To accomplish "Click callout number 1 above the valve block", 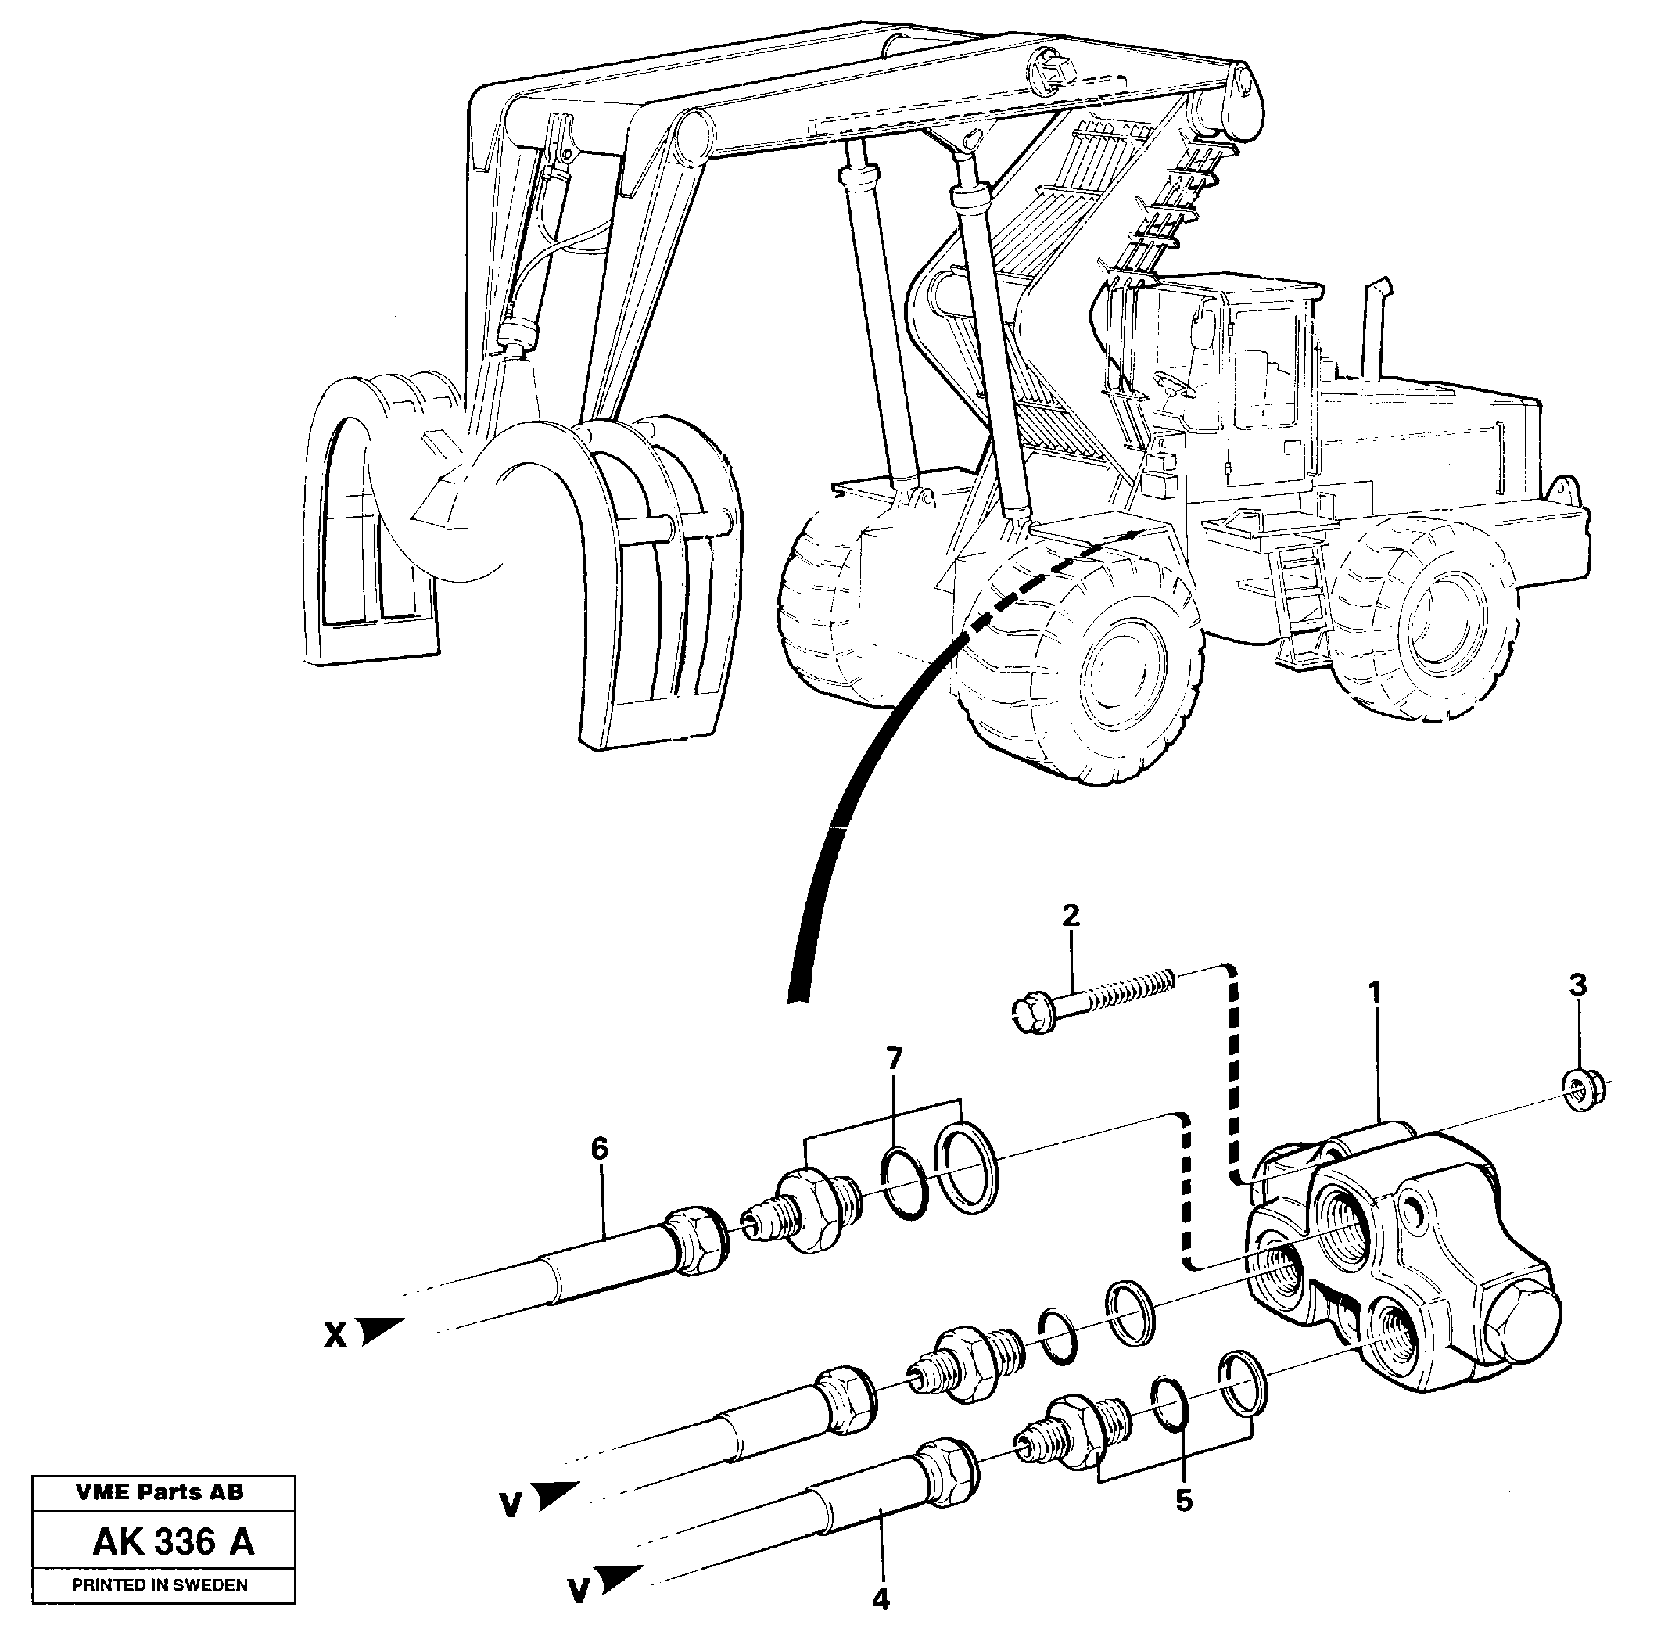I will pyautogui.click(x=1375, y=993).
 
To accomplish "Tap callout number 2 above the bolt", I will pyautogui.click(x=1071, y=916).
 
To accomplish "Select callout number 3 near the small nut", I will pyautogui.click(x=1577, y=985).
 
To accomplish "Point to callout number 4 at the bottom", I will pyautogui.click(x=880, y=1599).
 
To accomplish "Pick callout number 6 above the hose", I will pyautogui.click(x=599, y=1148).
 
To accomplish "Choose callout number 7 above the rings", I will pyautogui.click(x=893, y=1057).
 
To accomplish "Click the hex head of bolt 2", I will pyautogui.click(x=1030, y=1013).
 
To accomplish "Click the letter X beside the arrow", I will pyautogui.click(x=335, y=1337).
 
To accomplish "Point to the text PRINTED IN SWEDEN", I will pyautogui.click(x=160, y=1585).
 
